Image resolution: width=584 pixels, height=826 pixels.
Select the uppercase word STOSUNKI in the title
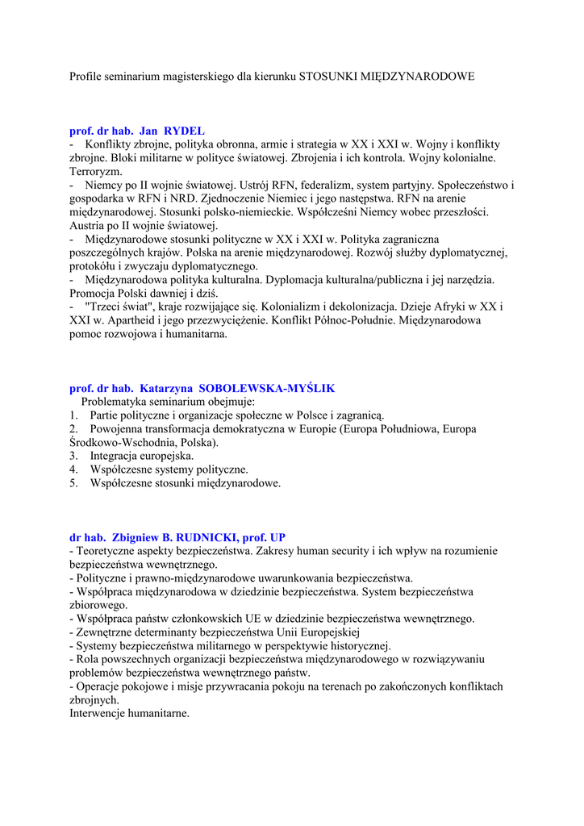[x=325, y=77]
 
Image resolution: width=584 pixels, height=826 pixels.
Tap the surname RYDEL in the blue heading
[x=185, y=130]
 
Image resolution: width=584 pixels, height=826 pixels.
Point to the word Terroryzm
[x=96, y=172]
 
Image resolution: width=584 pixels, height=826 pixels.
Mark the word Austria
[x=86, y=225]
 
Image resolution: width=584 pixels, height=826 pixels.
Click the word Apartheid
[x=122, y=321]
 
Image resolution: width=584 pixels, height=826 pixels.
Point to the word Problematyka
[x=115, y=402]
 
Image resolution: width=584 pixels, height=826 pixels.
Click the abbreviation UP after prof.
[x=277, y=537]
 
